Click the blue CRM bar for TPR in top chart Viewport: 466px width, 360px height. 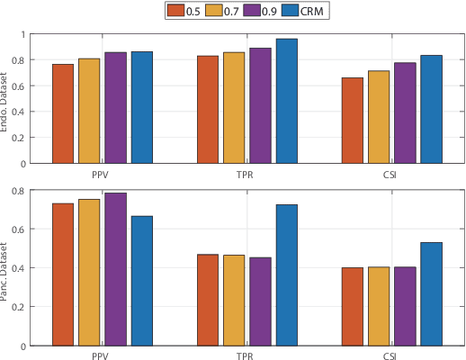coord(286,101)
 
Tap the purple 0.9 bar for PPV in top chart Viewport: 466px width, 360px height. coord(115,107)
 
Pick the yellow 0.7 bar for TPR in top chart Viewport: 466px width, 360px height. coord(234,107)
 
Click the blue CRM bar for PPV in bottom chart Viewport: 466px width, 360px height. coord(141,280)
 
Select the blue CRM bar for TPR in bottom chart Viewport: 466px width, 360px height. coord(286,274)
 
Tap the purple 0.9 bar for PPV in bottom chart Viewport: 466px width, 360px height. coord(115,268)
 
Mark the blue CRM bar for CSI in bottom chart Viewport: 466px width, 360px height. coord(431,293)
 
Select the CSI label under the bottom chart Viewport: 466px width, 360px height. coord(391,356)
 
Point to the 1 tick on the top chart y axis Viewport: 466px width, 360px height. coord(24,34)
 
